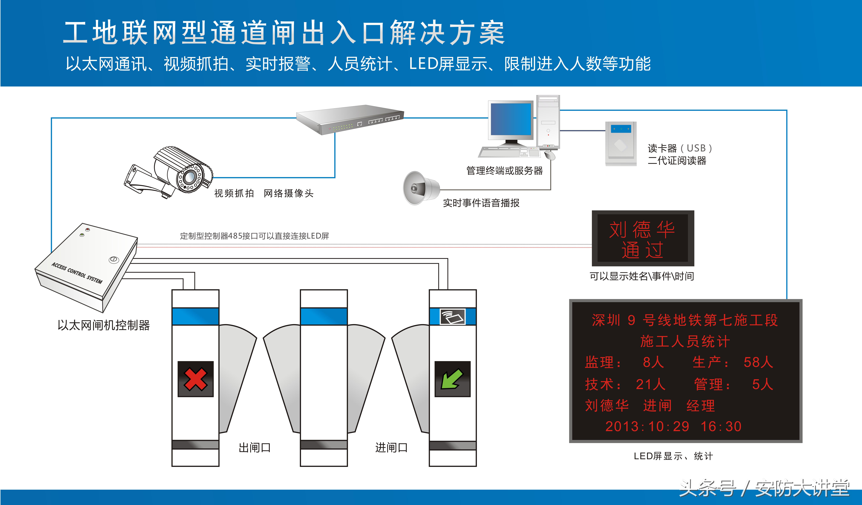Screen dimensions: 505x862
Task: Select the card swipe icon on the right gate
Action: pos(452,316)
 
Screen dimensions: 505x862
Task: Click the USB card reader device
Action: pos(620,143)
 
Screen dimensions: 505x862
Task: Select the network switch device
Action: pos(350,120)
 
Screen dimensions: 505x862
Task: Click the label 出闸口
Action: pos(255,448)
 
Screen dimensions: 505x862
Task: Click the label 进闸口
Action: pos(391,448)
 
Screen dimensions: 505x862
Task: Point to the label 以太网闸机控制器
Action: pos(104,325)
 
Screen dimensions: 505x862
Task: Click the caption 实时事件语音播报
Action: pos(481,203)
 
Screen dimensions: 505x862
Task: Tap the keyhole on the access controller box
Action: pos(114,260)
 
